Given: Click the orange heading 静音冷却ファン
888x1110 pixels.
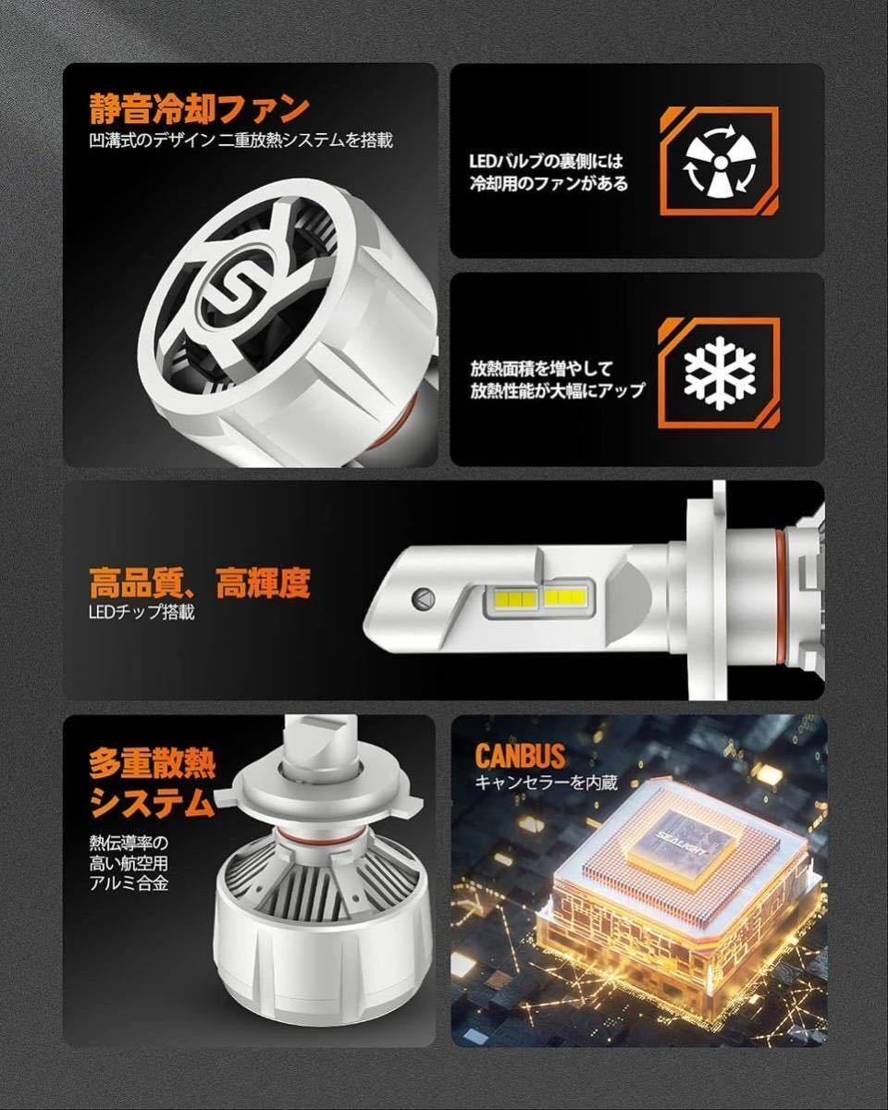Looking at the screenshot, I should pos(199,109).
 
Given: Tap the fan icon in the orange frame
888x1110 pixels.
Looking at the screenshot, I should pos(719,162).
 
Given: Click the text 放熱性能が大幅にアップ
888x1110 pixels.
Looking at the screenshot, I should pos(557,390).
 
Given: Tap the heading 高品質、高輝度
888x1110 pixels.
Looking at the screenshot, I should pos(200,584).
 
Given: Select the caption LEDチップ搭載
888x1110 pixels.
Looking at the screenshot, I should pos(142,612).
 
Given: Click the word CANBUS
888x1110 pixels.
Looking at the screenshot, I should pos(520,755).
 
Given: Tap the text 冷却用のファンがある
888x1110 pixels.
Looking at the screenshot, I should pos(548,183).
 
